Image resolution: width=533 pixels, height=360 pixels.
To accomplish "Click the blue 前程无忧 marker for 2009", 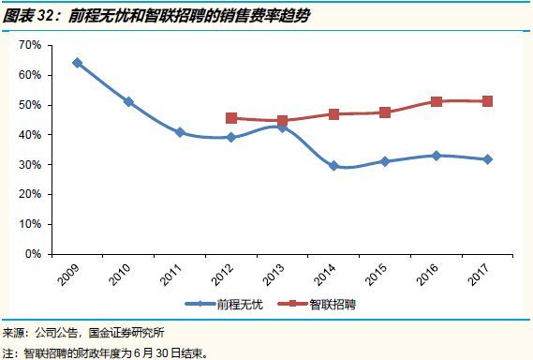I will click(x=77, y=63).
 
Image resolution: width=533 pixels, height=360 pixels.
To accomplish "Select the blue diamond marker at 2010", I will click(x=128, y=102).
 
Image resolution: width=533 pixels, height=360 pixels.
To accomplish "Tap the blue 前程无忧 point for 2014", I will click(x=333, y=166).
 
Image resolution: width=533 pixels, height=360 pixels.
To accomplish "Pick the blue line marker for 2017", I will click(x=487, y=159).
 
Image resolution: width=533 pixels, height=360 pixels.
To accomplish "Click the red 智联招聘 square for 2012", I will click(x=231, y=118).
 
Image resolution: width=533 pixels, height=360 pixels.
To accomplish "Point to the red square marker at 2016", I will click(x=437, y=101).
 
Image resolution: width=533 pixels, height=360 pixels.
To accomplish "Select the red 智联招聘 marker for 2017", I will click(x=487, y=101).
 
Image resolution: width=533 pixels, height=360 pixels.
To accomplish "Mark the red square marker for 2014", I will click(x=333, y=114).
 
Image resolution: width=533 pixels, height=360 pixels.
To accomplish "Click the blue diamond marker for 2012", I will click(x=231, y=138).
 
